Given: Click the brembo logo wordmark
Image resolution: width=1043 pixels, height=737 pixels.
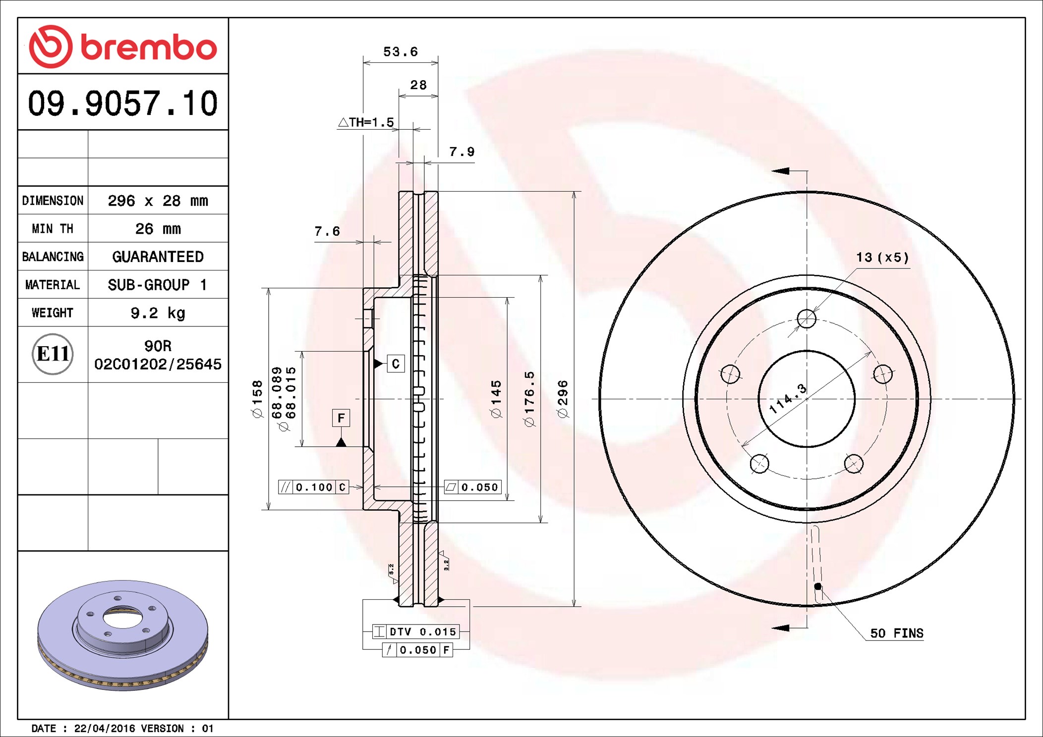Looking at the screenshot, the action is click(148, 48).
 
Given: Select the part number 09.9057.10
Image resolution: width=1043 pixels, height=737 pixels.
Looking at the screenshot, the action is click(122, 103).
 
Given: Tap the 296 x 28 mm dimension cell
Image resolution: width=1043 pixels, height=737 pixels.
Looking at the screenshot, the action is click(158, 201).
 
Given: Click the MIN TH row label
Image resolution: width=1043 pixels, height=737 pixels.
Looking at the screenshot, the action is click(53, 229).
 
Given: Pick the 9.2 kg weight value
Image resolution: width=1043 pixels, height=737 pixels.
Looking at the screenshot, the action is click(158, 313).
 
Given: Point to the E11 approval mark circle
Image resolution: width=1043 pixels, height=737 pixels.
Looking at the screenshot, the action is click(53, 354).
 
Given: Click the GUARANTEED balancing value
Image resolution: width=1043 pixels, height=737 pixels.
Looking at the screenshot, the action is click(158, 257).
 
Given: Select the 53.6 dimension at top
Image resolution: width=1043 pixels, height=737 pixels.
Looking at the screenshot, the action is click(401, 52).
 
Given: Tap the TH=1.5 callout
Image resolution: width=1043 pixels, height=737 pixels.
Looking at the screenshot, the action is click(366, 122).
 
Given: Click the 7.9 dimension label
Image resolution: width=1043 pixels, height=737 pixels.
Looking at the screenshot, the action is click(462, 152).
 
